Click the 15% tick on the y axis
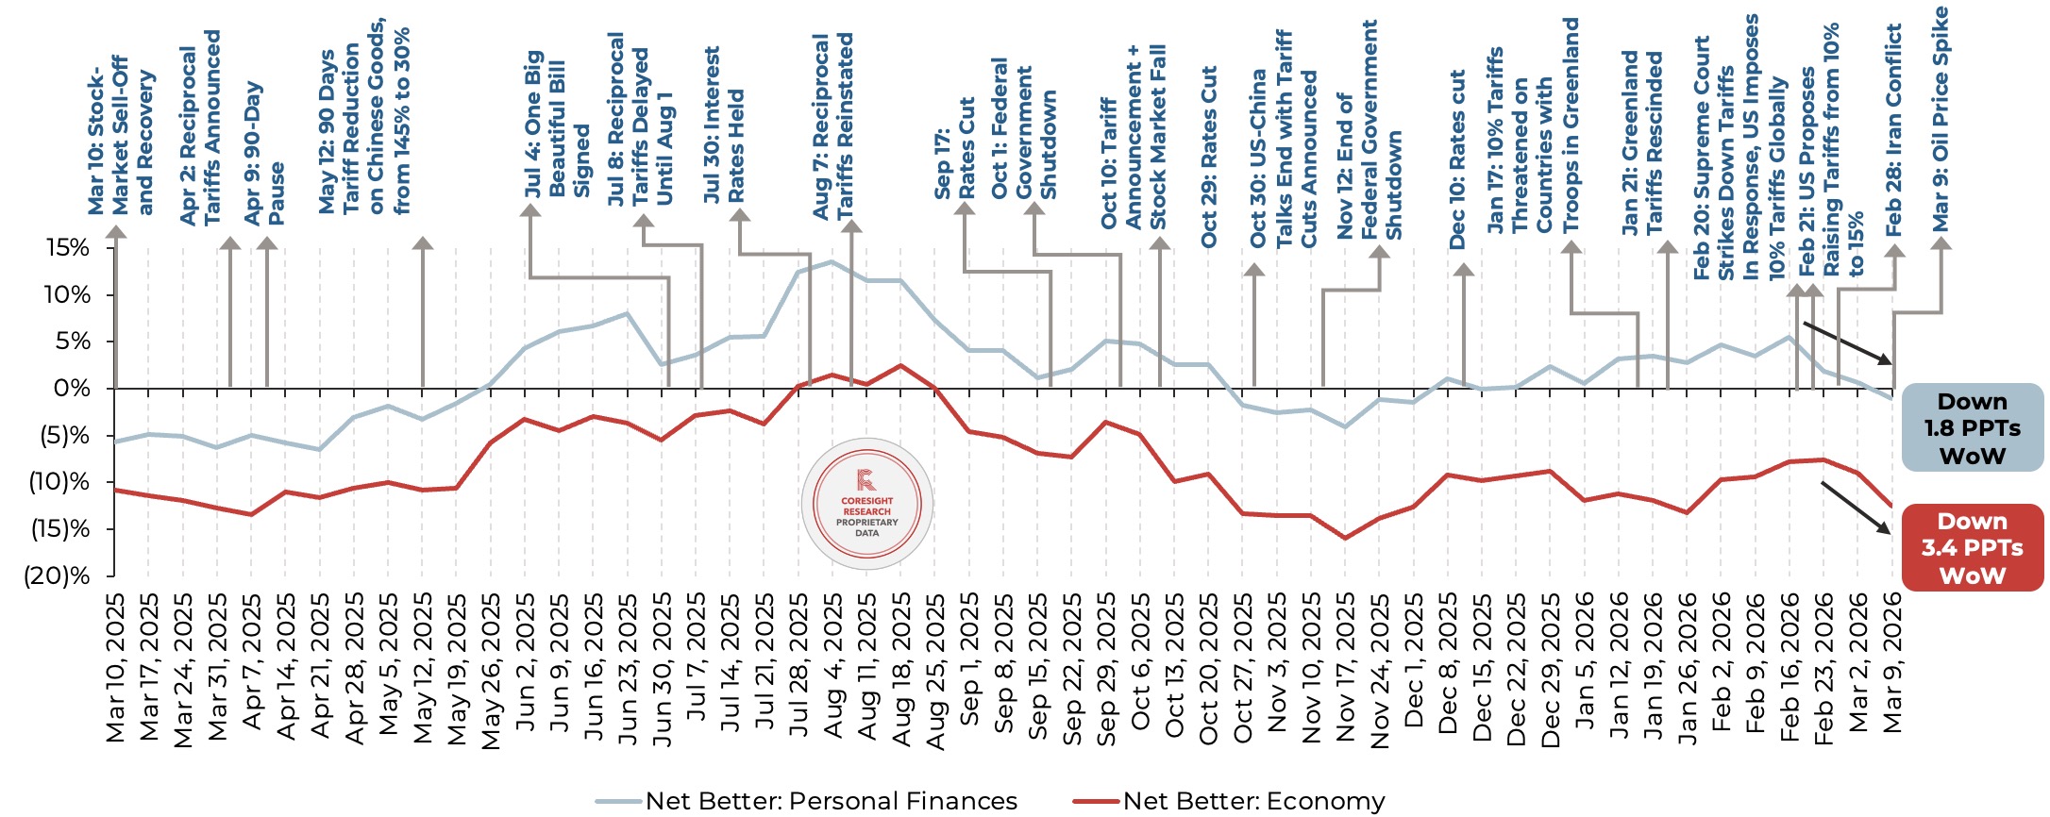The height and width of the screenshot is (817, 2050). click(68, 248)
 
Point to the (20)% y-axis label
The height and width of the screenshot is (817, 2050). click(58, 575)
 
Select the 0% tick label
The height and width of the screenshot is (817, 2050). click(72, 388)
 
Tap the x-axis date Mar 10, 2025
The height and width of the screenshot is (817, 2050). click(115, 668)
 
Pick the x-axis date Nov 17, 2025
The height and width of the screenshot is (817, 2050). click(1346, 668)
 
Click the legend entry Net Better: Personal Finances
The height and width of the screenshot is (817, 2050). click(831, 801)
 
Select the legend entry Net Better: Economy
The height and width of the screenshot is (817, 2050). click(1253, 801)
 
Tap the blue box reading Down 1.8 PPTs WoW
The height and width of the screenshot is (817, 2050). click(1972, 428)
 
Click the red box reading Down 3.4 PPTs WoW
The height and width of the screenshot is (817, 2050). click(1972, 548)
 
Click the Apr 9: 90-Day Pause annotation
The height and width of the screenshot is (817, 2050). click(263, 154)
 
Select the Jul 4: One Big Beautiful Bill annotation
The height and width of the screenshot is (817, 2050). click(557, 124)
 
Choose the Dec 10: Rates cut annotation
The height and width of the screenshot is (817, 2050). click(1457, 159)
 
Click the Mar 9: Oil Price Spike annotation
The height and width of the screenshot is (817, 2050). click(1941, 119)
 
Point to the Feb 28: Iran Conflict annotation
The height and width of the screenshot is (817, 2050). click(1893, 130)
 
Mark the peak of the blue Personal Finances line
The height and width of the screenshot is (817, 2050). click(832, 261)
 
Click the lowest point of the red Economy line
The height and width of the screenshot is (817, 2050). click(1345, 538)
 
